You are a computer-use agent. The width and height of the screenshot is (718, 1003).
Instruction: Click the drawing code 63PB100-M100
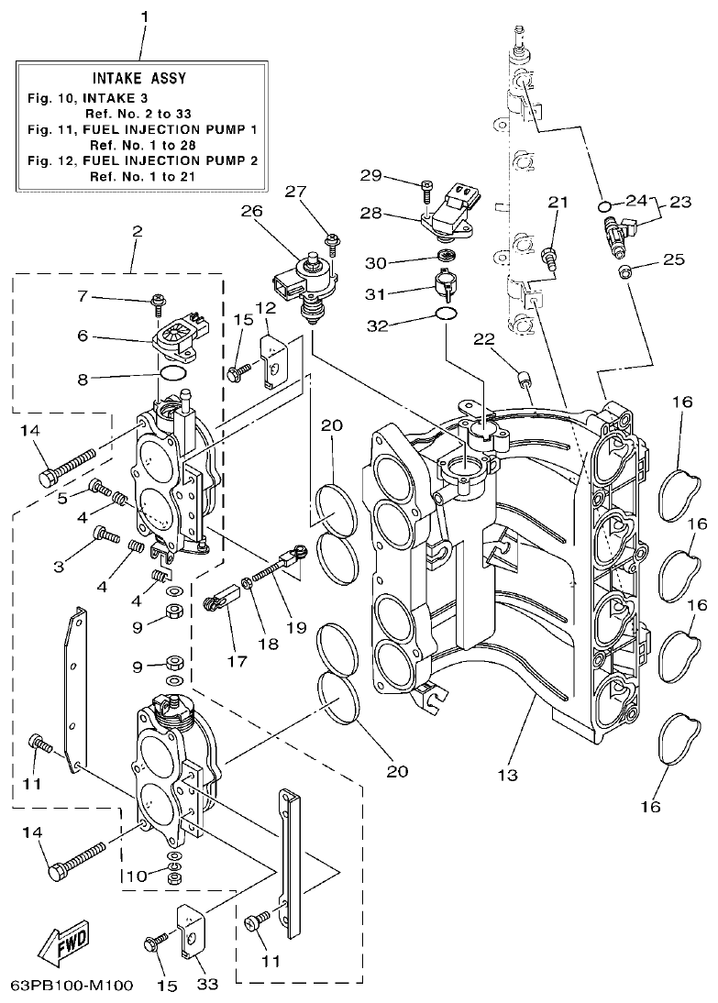(x=72, y=986)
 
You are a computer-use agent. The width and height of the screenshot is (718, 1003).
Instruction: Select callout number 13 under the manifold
(x=507, y=775)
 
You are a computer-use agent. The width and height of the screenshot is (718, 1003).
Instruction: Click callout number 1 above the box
(x=142, y=17)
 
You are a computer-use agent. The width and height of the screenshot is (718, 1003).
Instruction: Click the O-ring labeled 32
(x=446, y=314)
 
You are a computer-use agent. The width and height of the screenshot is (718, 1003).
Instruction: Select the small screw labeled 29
(x=426, y=189)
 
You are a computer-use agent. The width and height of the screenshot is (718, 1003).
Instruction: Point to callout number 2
(x=137, y=232)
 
